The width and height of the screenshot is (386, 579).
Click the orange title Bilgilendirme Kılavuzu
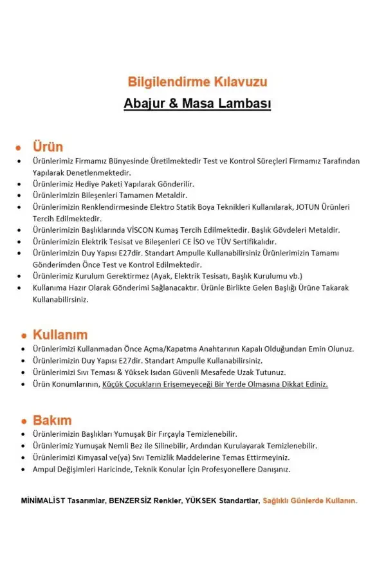coord(198,82)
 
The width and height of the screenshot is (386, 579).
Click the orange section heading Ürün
coord(48,147)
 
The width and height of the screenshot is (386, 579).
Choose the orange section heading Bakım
coord(52,420)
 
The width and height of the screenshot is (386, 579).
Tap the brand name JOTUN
coord(311,207)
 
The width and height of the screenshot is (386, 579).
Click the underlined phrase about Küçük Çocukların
coord(215,384)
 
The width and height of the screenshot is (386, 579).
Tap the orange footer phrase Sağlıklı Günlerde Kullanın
coord(310,501)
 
